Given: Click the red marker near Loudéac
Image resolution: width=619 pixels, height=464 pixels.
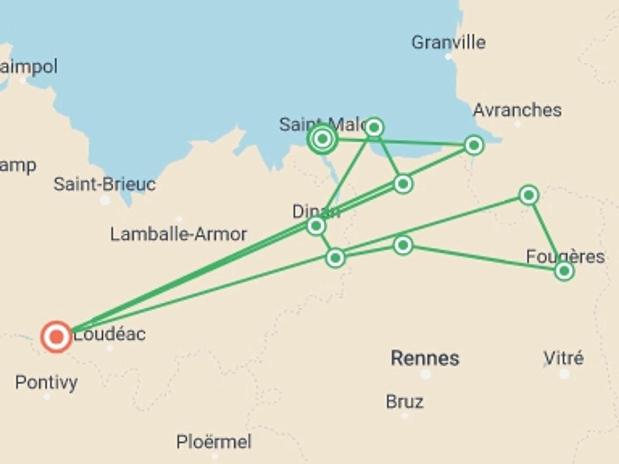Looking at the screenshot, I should [x=56, y=337].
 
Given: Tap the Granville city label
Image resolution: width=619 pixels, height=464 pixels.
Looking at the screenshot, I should [x=448, y=43].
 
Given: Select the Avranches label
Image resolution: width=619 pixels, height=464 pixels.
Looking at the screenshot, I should [x=517, y=110].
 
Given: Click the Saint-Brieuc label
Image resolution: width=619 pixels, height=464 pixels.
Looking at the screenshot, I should [x=104, y=184].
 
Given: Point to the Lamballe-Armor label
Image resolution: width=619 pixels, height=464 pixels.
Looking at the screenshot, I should [x=178, y=234].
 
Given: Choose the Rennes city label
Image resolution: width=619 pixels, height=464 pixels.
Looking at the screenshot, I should [x=425, y=358].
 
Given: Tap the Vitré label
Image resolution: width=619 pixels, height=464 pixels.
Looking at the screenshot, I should [x=564, y=358].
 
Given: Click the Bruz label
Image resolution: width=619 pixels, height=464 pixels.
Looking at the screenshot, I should [x=405, y=402].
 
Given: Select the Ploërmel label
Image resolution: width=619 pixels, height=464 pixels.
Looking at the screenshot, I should [x=214, y=442].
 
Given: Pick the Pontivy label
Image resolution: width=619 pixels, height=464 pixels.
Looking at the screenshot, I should [x=46, y=382].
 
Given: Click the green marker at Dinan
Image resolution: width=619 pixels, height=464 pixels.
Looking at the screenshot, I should [x=316, y=226].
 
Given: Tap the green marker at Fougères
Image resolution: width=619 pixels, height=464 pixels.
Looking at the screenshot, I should [x=564, y=271].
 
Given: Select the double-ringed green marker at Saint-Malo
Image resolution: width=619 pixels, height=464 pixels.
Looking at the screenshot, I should [x=322, y=139].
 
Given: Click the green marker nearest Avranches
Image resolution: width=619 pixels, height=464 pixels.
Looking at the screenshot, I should [x=474, y=145].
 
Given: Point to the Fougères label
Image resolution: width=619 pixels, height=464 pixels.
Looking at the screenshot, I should [x=565, y=257].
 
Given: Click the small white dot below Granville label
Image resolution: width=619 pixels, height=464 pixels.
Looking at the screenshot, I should [x=448, y=57].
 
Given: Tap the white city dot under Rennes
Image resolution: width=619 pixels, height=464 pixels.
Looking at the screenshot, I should [x=426, y=374].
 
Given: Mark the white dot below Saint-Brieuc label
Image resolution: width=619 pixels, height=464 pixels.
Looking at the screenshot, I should [x=105, y=200].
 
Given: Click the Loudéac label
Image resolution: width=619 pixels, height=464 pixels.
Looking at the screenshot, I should [x=110, y=334].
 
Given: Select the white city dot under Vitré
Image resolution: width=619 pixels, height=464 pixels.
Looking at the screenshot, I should [x=564, y=374].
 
